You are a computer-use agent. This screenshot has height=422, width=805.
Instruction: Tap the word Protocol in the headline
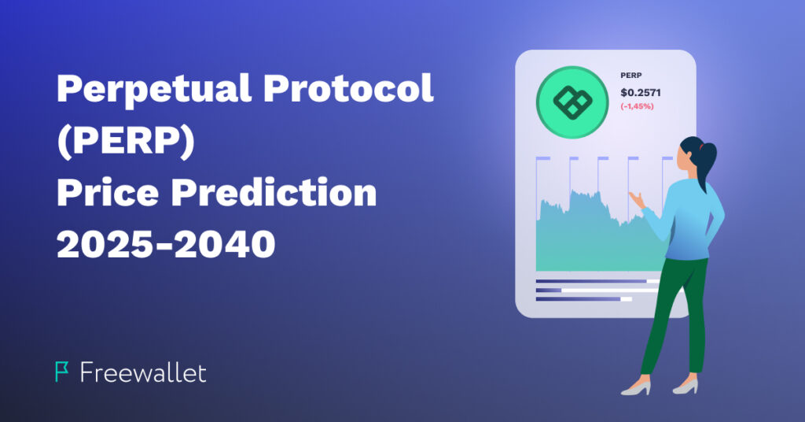coord(348,87)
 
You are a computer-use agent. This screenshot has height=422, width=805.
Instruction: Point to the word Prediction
coord(274,192)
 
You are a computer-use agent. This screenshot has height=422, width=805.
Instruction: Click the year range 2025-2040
coord(166,244)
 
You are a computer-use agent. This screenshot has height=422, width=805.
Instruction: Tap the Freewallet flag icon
coord(61,372)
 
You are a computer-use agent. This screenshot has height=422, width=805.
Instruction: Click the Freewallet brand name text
coord(143,372)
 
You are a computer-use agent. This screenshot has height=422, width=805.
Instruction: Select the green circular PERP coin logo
coord(572,102)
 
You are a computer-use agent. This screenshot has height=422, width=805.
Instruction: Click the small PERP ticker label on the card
coord(631,76)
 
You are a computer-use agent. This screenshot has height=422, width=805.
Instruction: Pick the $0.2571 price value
coord(641,93)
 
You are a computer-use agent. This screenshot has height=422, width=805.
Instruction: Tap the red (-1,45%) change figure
coord(637,106)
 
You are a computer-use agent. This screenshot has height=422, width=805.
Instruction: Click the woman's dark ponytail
coord(707,159)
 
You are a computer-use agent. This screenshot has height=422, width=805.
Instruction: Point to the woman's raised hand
coord(637,199)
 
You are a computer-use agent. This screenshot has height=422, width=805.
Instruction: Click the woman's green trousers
coord(674,313)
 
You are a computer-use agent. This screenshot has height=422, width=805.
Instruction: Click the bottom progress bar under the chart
coord(584,298)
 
